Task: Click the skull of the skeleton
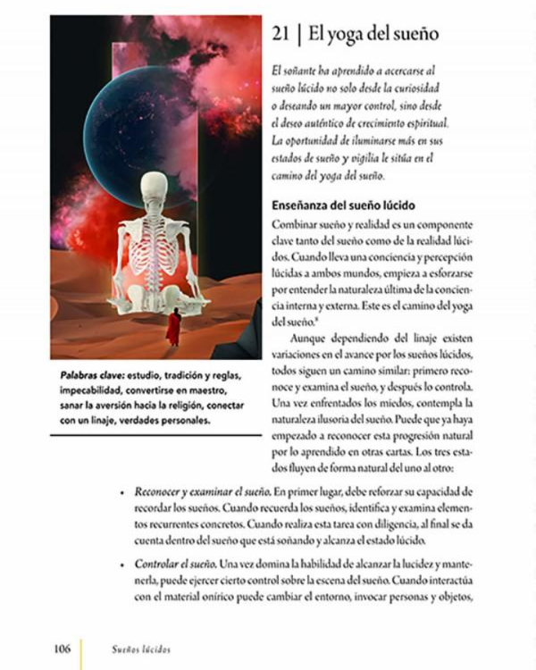tap(155, 188)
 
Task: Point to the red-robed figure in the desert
tap(173, 327)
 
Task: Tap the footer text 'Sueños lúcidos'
tap(135, 649)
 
